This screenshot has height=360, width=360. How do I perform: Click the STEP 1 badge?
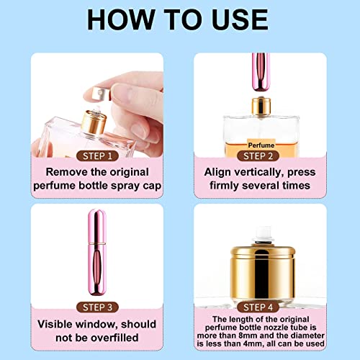(x=89, y=155)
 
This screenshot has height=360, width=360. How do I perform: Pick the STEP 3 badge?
(x=89, y=306)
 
